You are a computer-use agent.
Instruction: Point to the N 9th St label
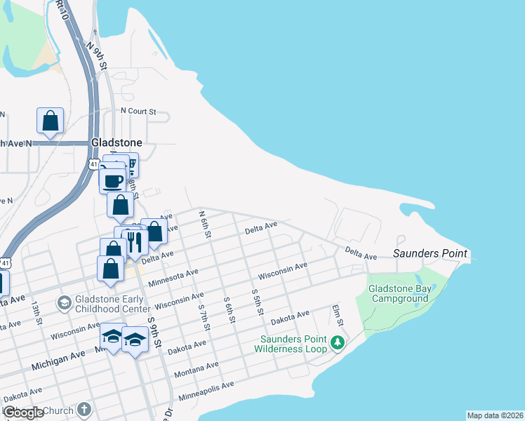click(97, 55)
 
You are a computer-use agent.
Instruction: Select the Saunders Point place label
click(430, 253)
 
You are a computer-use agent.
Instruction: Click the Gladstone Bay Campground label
click(399, 293)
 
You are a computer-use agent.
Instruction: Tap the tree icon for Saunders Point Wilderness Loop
click(338, 342)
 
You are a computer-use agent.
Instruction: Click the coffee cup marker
click(112, 181)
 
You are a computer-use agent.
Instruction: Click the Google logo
click(22, 413)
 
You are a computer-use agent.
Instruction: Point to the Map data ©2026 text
click(495, 415)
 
